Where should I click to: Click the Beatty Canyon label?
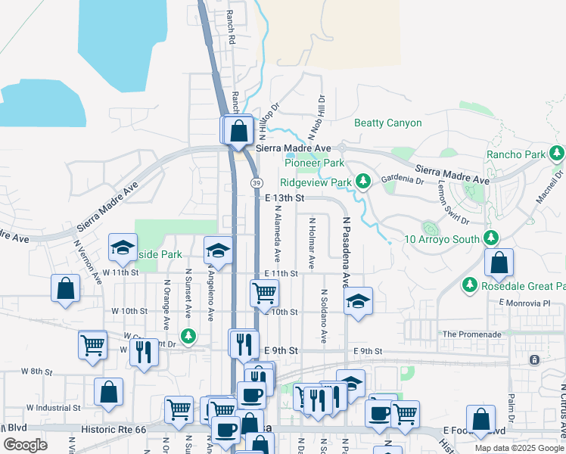388,123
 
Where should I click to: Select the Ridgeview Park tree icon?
364,181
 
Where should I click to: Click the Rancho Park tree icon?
558,154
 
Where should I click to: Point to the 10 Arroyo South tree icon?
491,238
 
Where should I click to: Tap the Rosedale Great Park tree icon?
469,285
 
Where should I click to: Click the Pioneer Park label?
314,163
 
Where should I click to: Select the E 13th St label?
285,197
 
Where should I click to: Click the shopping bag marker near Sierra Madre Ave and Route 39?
239,131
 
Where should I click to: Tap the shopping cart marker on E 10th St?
264,293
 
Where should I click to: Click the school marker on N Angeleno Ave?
218,250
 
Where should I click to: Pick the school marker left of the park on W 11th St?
123,247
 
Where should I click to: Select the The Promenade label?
469,334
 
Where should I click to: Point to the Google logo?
25,446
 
